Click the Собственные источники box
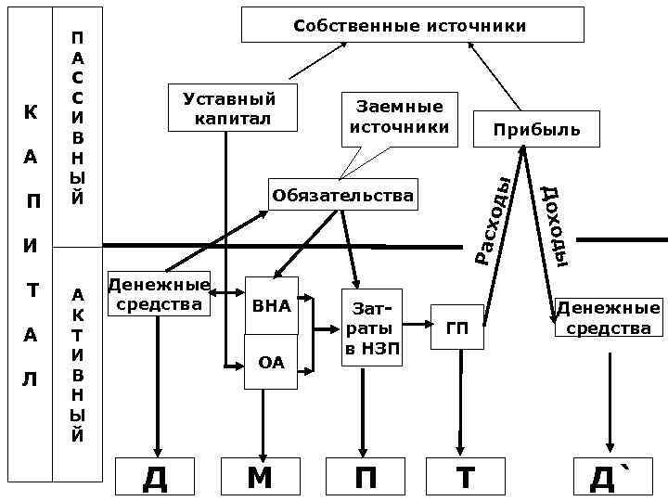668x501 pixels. pyautogui.click(x=413, y=25)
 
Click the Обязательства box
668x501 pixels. pyautogui.click(x=342, y=196)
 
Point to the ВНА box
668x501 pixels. pyautogui.click(x=271, y=305)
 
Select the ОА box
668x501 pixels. pyautogui.click(x=271, y=362)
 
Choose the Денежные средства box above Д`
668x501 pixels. pyautogui.click(x=608, y=317)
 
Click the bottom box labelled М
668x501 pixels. pyautogui.click(x=260, y=478)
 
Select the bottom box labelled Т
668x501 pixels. pyautogui.click(x=464, y=478)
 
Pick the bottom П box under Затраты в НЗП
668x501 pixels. pyautogui.click(x=366, y=478)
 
